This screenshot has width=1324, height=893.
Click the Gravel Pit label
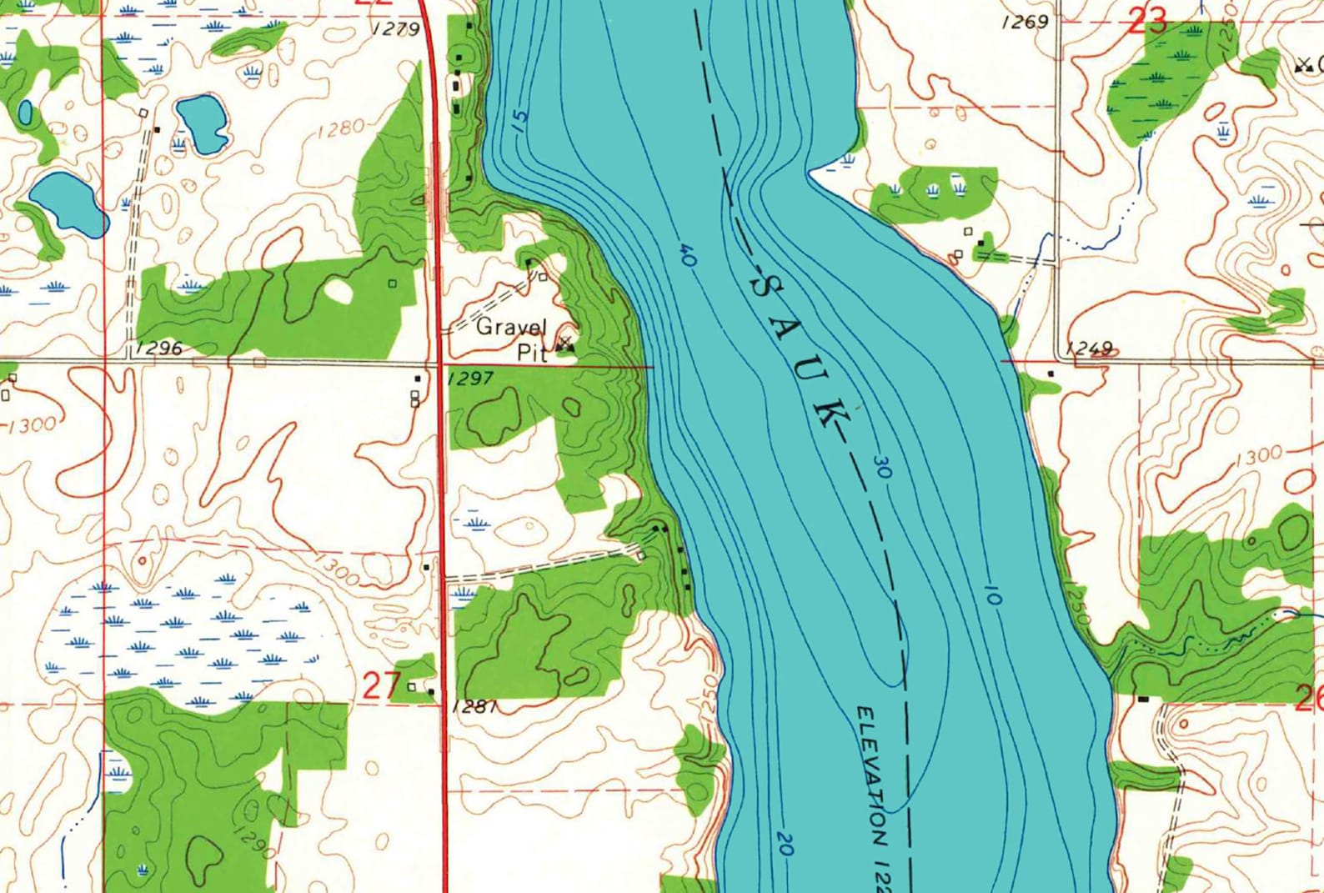[511, 339]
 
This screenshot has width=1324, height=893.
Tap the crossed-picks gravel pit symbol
[566, 343]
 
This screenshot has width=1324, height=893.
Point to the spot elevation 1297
[471, 379]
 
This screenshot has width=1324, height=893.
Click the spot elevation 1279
[398, 29]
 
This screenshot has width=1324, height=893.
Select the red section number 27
[382, 685]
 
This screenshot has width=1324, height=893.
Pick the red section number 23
[1146, 22]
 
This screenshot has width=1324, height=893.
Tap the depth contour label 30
[883, 467]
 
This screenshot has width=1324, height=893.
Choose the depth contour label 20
[785, 844]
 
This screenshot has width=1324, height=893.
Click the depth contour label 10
[992, 594]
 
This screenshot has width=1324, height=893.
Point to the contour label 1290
[254, 843]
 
